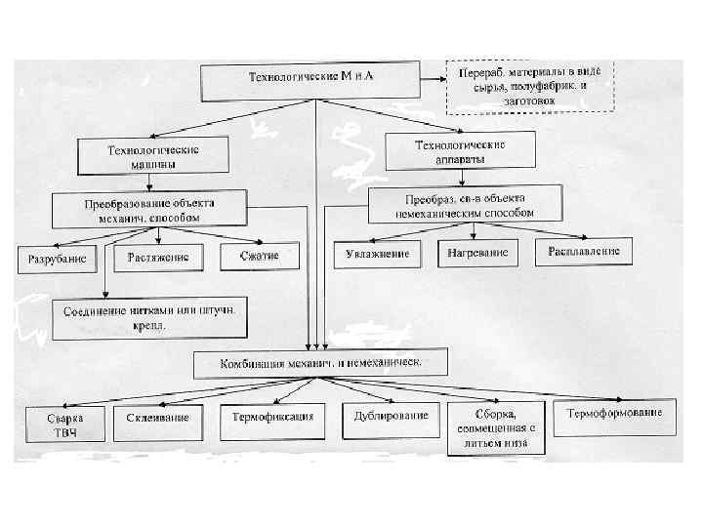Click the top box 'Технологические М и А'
tap(311, 82)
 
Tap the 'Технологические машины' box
tap(153, 156)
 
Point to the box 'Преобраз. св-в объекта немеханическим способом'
tap(465, 205)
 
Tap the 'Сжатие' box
tap(257, 256)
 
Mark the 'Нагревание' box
tap(477, 253)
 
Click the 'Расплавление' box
tap(583, 250)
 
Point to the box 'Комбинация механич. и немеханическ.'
tap(320, 364)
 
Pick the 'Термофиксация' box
tap(272, 418)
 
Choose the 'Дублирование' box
tap(387, 417)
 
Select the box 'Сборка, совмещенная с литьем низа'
tap(494, 426)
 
